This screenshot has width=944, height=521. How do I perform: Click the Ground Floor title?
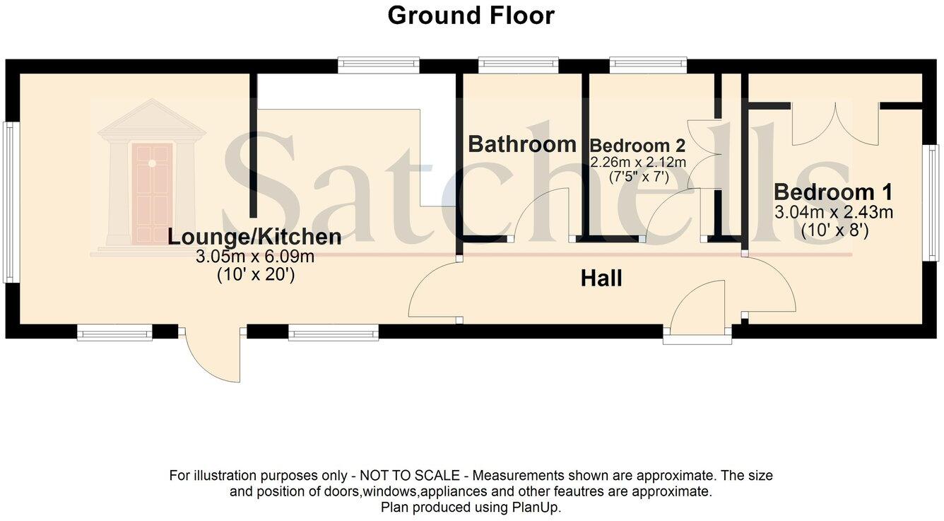pyautogui.click(x=471, y=16)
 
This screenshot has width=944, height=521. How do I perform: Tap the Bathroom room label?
pyautogui.click(x=522, y=144)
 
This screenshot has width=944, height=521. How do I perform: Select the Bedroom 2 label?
pyautogui.click(x=637, y=146)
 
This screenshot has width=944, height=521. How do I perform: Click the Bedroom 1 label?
pyautogui.click(x=833, y=192)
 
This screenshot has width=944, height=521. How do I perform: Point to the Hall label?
pyautogui.click(x=601, y=279)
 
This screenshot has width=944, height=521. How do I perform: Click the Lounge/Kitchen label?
pyautogui.click(x=254, y=238)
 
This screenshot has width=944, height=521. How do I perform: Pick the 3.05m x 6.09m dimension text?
pyautogui.click(x=254, y=257)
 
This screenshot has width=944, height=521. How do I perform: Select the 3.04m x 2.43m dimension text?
pyautogui.click(x=834, y=211)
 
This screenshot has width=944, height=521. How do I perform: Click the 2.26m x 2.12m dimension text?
pyautogui.click(x=638, y=163)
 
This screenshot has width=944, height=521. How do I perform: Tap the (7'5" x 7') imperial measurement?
pyautogui.click(x=638, y=177)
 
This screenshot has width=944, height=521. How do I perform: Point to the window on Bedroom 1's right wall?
pyautogui.click(x=933, y=201)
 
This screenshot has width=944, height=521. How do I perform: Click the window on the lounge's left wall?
pyautogui.click(x=10, y=202)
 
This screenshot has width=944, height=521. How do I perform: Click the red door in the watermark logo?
pyautogui.click(x=152, y=192)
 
